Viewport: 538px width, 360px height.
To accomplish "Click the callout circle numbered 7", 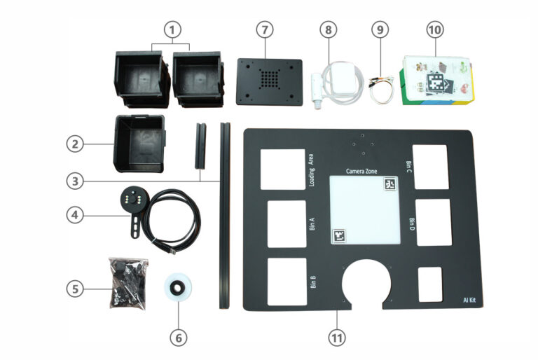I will tap(264, 30).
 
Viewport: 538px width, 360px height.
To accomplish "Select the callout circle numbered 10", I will tap(434, 30).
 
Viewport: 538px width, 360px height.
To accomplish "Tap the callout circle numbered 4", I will tap(77, 215).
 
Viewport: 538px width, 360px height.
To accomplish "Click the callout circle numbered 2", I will tap(77, 144).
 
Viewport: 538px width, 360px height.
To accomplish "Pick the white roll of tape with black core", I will tap(179, 289).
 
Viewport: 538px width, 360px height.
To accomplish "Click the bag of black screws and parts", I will tap(128, 282).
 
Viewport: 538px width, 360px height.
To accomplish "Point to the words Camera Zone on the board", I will tap(362, 170).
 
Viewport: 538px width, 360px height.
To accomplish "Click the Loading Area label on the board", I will tap(311, 171).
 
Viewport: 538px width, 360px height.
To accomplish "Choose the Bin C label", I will tap(409, 167).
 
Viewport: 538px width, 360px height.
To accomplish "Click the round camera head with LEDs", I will tap(132, 199).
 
